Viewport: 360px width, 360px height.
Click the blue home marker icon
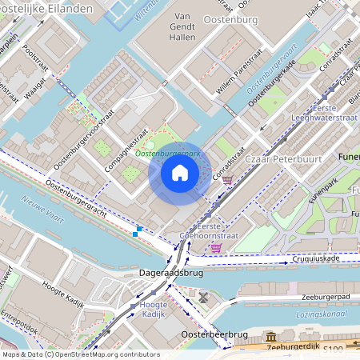coord(180,172)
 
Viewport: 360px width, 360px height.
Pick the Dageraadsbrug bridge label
coord(171,273)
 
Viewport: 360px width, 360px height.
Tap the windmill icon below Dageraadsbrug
coord(204,298)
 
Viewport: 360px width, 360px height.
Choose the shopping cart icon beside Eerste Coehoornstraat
coord(216,248)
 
